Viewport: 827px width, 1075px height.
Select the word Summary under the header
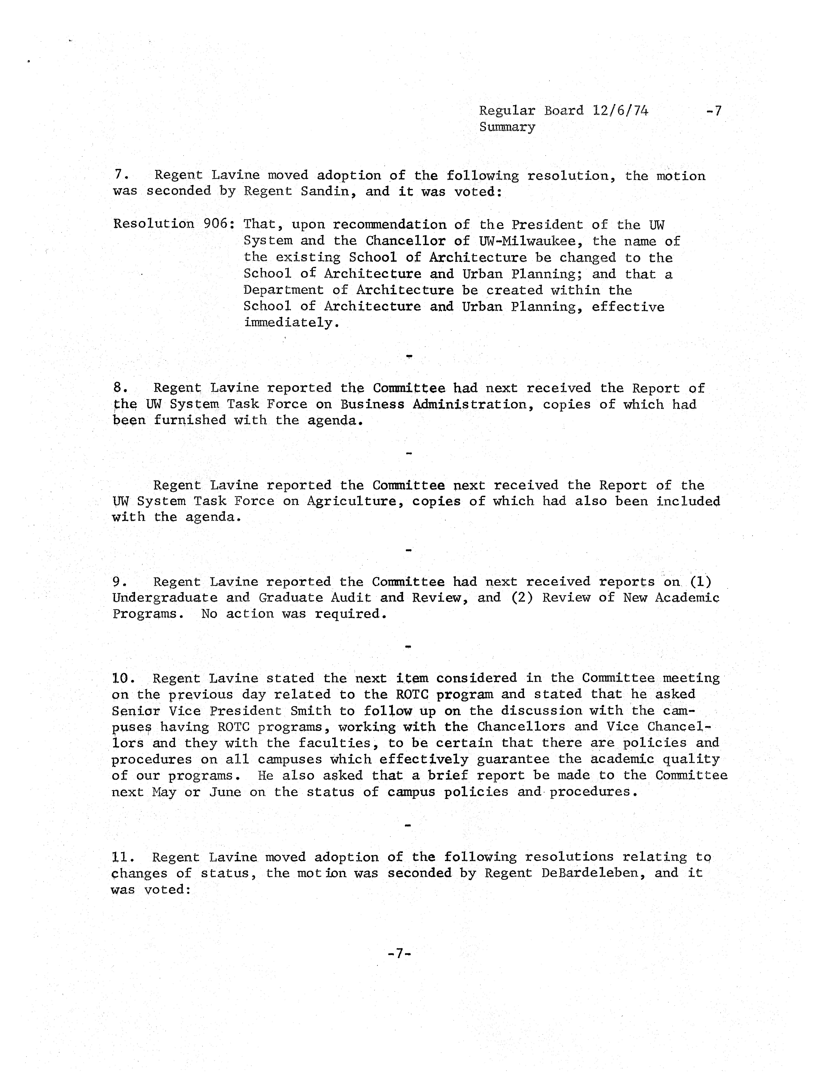507,127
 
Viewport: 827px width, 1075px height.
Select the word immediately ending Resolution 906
291,323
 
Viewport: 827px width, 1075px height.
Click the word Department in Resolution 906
283,290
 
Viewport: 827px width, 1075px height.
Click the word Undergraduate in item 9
164,598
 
